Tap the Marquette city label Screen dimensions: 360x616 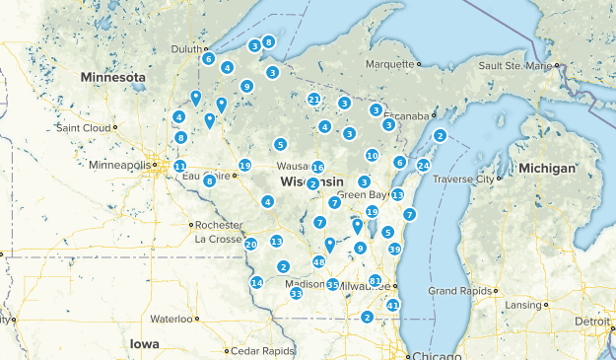[387, 64]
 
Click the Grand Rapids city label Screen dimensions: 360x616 [460, 291]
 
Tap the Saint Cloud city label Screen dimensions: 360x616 [83, 128]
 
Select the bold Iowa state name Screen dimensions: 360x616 [143, 343]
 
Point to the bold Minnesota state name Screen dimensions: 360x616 [112, 77]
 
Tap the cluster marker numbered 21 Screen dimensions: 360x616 [313, 99]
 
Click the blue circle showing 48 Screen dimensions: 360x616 [318, 261]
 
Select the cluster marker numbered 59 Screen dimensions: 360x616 [394, 249]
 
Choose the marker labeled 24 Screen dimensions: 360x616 [423, 165]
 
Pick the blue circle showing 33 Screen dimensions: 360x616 [296, 293]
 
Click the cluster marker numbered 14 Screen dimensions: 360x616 [256, 282]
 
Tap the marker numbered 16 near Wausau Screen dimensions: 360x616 [317, 167]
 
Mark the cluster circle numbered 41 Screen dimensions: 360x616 [392, 305]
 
